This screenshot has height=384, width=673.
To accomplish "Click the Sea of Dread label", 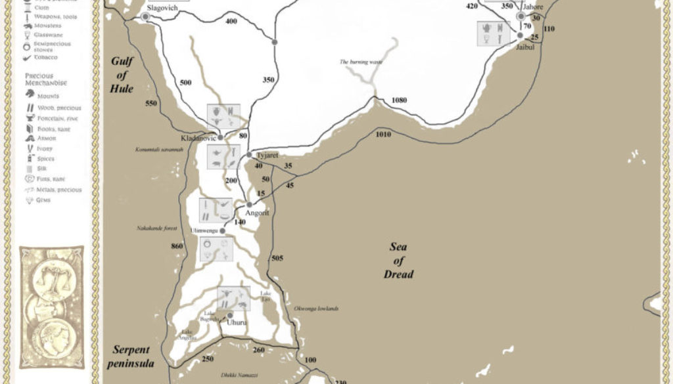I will click(x=398, y=261).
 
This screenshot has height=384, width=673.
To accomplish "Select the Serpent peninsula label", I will click(x=131, y=356).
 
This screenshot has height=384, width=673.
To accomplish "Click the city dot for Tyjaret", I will click(x=250, y=154).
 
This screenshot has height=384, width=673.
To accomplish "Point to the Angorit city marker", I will click(x=249, y=204).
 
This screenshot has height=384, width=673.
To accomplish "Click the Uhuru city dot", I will click(x=230, y=315).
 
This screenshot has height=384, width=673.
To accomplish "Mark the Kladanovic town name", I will click(x=198, y=139).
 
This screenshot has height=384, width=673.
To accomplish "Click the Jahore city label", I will click(x=532, y=7).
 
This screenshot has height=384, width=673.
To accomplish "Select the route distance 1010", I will click(x=383, y=135).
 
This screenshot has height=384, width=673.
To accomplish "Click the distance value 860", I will click(x=176, y=245).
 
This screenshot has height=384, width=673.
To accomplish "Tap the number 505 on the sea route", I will click(x=277, y=259).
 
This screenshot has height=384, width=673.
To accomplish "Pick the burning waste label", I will click(x=361, y=62).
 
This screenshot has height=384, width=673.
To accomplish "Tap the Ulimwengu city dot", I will click(x=222, y=231).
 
